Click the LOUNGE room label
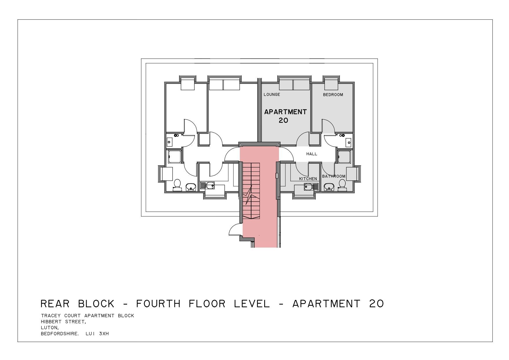tap(272, 95)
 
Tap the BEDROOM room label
tap(333, 95)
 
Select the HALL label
tap(312, 154)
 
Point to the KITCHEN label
tap(308, 179)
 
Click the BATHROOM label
tap(334, 176)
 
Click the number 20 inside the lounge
tap(283, 120)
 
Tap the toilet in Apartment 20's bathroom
tap(342, 185)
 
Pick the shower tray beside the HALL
tap(345, 157)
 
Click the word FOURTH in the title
tap(158, 304)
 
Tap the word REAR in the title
tap(55, 304)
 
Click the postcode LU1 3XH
tap(97, 334)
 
